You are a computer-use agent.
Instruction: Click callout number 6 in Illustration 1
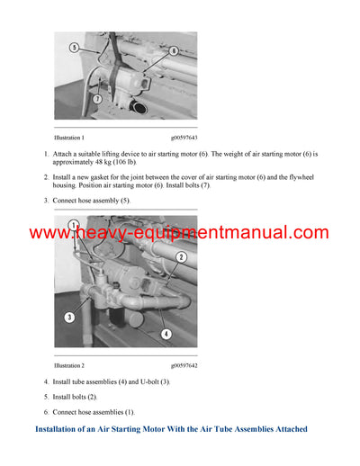pyautogui.click(x=172, y=52)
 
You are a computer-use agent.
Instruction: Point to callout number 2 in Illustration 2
pyautogui.click(x=181, y=258)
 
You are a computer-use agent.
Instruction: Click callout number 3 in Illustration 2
pyautogui.click(x=68, y=318)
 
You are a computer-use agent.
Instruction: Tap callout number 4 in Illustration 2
pyautogui.click(x=165, y=334)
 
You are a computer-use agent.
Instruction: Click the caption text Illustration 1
pyautogui.click(x=69, y=138)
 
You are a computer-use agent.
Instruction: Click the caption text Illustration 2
pyautogui.click(x=69, y=366)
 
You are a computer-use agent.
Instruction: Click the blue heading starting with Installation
pyautogui.click(x=171, y=429)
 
